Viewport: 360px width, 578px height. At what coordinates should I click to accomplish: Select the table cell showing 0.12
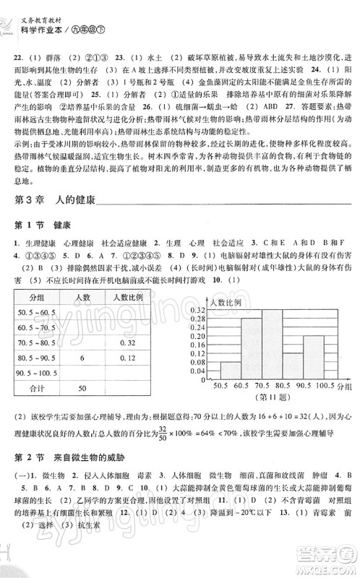[129, 358]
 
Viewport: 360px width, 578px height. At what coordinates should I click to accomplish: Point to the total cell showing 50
[82, 389]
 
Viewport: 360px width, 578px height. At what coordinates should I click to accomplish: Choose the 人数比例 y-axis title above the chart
[224, 298]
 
